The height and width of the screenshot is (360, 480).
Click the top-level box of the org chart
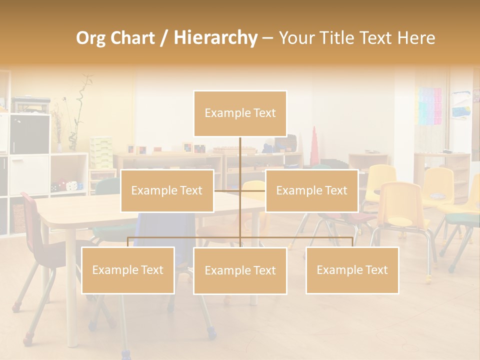point(240,113)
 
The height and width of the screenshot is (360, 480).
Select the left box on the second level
point(167,190)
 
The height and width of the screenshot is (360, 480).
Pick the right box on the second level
point(311,190)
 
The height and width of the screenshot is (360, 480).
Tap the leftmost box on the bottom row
point(128,270)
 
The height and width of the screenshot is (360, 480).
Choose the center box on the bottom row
point(240,270)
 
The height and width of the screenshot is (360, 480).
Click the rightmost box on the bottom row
point(352,270)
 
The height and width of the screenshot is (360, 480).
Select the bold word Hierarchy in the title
point(215,38)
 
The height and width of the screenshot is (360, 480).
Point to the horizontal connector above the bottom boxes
point(185,237)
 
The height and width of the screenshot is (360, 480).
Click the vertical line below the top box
point(240,155)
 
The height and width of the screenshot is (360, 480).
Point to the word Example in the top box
point(222,113)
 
